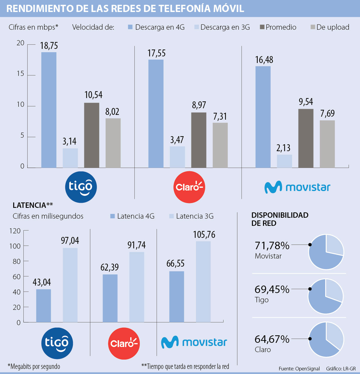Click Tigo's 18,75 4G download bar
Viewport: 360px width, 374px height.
tap(49, 110)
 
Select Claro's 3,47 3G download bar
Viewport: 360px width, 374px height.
tap(177, 157)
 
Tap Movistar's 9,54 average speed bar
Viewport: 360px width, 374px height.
tap(306, 138)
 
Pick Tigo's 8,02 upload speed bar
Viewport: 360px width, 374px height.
tap(113, 143)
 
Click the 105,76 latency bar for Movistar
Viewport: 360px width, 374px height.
tap(203, 282)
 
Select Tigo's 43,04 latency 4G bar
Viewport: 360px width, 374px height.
tap(43, 306)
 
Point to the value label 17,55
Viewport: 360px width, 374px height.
tap(156, 53)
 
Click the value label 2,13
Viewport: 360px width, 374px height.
tap(283, 148)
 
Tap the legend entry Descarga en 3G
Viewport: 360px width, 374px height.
tap(225, 27)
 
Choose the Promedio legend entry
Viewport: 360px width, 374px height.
tap(280, 27)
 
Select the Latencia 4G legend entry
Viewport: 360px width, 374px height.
tap(135, 216)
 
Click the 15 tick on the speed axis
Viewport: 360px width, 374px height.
tap(20, 74)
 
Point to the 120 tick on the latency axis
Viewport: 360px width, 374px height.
tap(15, 231)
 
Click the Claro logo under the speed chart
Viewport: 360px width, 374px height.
tap(189, 187)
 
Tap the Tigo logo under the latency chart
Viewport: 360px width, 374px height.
tap(57, 343)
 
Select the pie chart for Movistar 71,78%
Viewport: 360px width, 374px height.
tap(326, 252)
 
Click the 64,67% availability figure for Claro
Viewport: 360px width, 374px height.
tap(272, 339)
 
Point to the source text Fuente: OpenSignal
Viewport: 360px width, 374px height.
tap(299, 369)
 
